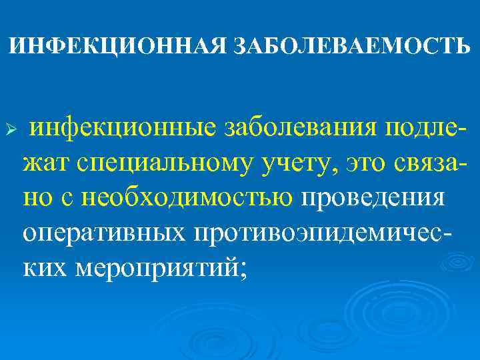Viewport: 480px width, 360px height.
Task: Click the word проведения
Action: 372,198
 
